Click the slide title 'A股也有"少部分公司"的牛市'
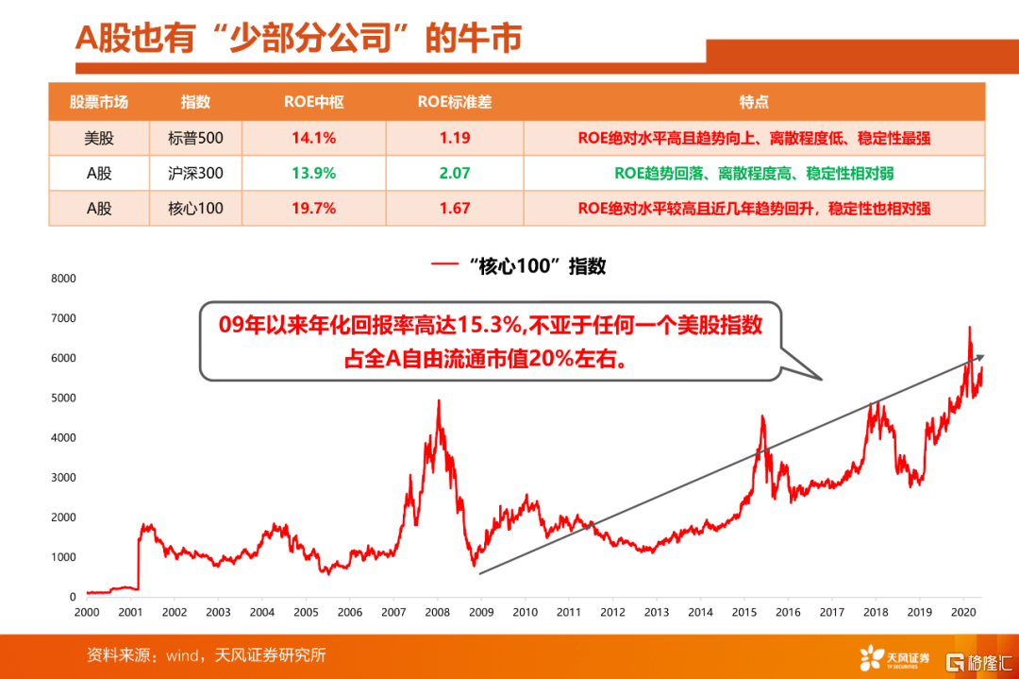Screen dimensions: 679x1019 298,40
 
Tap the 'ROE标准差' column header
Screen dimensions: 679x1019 455,102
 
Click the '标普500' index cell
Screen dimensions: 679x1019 196,138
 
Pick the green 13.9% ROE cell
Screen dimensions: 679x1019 313,173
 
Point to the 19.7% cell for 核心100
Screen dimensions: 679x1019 313,208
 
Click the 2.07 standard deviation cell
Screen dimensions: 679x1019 455,173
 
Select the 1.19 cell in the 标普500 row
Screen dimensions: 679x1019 455,138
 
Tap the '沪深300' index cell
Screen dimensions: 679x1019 196,173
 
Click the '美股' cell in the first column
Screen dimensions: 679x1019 99,138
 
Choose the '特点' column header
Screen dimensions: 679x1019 754,102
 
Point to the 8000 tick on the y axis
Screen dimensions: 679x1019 62,279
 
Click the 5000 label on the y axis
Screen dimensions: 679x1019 62,398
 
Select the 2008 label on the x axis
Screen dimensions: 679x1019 438,612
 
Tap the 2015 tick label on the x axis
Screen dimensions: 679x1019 745,612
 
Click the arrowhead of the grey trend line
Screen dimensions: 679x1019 980,357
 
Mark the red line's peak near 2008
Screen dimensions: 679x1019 438,400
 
